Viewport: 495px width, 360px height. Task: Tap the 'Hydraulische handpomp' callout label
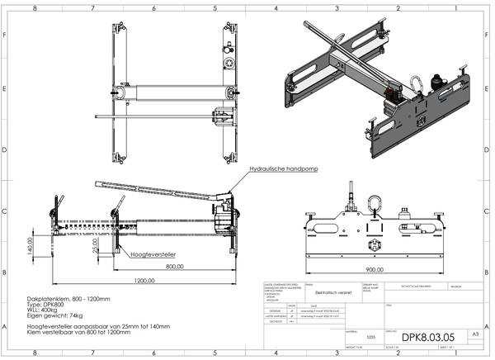(284, 168)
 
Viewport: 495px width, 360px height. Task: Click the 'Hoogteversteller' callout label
(153, 255)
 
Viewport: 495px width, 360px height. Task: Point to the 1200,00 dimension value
(145, 280)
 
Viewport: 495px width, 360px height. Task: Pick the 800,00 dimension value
(174, 268)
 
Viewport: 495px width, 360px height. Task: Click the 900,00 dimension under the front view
(375, 269)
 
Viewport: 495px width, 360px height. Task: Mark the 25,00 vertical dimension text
(96, 245)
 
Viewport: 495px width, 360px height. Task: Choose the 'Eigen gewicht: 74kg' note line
(56, 315)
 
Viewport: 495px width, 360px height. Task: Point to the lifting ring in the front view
(375, 201)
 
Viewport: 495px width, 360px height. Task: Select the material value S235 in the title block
(370, 338)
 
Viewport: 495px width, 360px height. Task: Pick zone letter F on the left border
(5, 36)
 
